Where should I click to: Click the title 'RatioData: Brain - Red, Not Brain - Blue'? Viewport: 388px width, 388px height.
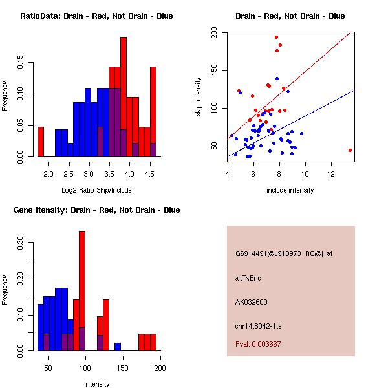pos(96,16)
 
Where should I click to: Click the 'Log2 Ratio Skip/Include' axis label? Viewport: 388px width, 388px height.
pos(96,190)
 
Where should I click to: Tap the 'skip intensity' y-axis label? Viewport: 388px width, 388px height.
pos(199,97)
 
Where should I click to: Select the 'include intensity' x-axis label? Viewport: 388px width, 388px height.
pos(290,190)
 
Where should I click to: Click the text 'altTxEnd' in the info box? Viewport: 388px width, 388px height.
pos(248,278)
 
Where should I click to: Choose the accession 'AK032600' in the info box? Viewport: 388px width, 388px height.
pos(252,302)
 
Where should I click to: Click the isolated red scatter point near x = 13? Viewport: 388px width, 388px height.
pos(350,150)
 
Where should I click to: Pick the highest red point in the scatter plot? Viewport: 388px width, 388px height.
pos(276,37)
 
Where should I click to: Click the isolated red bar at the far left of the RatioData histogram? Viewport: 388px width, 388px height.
pos(41,142)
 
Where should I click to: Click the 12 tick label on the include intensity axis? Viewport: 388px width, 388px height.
pos(331,173)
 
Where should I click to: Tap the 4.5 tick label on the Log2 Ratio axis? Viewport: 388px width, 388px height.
pos(148,173)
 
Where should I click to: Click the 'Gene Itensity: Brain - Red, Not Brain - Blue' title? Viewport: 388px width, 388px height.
pos(96,210)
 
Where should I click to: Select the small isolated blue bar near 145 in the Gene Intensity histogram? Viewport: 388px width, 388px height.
pos(118,347)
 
